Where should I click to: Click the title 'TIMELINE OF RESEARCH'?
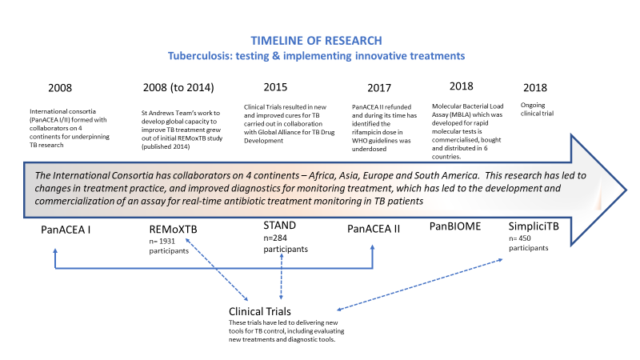[316, 41]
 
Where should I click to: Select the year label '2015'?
[275, 87]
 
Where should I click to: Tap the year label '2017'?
[379, 88]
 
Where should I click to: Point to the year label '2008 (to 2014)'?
[178, 87]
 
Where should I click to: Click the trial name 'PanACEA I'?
[66, 230]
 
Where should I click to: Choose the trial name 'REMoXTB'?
[173, 230]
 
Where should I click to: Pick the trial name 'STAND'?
[279, 226]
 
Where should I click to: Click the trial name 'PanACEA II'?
[374, 229]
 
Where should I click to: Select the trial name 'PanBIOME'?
[455, 226]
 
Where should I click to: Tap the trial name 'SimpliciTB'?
[534, 226]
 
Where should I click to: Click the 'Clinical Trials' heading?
[259, 311]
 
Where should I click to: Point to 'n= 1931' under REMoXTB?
[162, 242]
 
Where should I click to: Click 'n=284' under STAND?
[275, 238]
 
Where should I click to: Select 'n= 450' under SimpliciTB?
[519, 238]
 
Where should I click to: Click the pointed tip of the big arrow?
[626, 190]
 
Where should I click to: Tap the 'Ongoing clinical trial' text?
[537, 110]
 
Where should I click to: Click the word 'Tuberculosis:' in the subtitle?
[201, 56]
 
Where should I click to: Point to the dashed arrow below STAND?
[282, 276]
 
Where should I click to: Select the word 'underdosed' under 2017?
[369, 149]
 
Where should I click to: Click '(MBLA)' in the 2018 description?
[461, 114]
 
